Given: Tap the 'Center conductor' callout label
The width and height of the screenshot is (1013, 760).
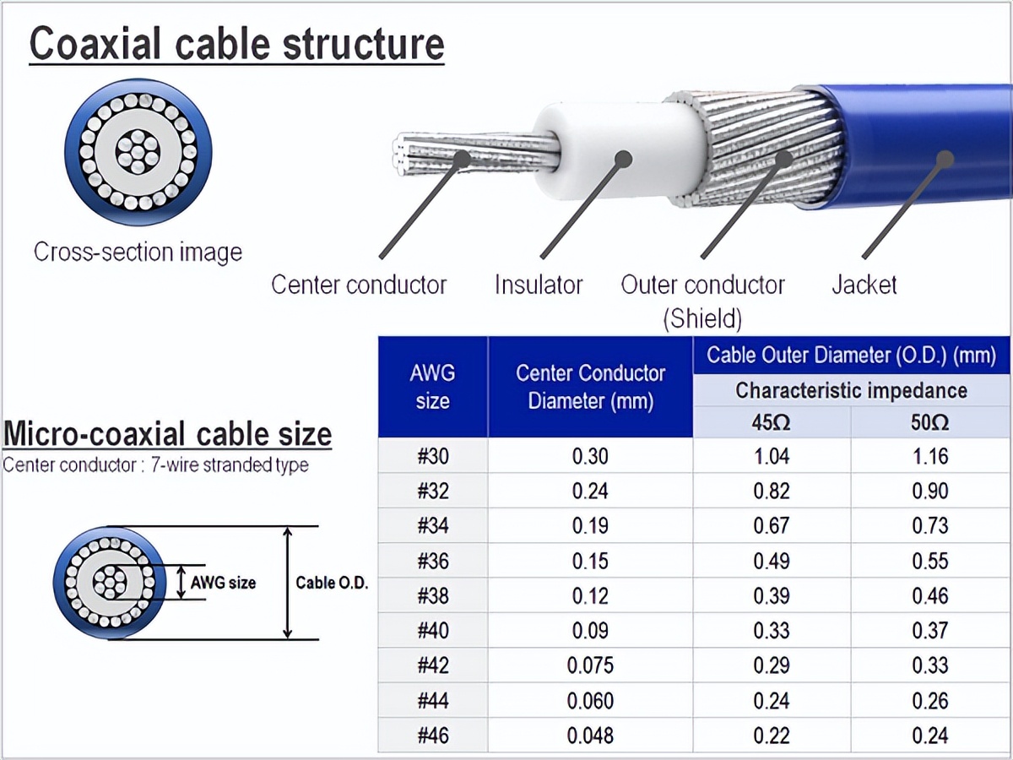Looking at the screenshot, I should [x=358, y=285].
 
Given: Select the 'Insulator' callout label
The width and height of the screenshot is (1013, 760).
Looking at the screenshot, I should [x=538, y=285].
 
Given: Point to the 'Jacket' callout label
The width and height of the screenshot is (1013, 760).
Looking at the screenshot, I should [x=864, y=285].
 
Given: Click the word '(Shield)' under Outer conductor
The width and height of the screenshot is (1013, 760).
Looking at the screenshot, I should [x=702, y=318].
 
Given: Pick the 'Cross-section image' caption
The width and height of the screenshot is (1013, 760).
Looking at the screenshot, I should [x=138, y=252].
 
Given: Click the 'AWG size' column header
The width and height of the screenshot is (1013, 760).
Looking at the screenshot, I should [x=432, y=387].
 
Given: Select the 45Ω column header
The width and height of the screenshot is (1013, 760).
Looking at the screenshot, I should [x=771, y=422].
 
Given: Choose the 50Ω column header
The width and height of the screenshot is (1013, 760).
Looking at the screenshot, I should [x=930, y=422].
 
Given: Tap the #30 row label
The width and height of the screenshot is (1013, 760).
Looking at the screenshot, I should [x=433, y=457].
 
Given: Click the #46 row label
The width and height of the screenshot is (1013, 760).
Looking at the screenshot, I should [x=433, y=736].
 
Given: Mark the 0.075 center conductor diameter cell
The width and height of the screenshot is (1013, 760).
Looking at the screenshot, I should [x=590, y=665].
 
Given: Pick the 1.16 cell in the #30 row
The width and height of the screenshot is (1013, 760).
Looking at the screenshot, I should [x=930, y=457].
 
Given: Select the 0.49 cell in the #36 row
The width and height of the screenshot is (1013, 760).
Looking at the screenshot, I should [x=771, y=562].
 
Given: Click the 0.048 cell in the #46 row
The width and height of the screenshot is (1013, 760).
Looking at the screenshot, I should [x=590, y=736].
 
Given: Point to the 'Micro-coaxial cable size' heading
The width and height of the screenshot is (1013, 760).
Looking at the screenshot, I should [x=168, y=434].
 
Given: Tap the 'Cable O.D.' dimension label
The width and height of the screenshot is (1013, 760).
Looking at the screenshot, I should [x=332, y=583].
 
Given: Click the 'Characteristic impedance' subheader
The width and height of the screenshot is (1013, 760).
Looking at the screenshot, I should [x=851, y=390].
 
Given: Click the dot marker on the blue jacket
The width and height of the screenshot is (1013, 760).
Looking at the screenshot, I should [x=945, y=158].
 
